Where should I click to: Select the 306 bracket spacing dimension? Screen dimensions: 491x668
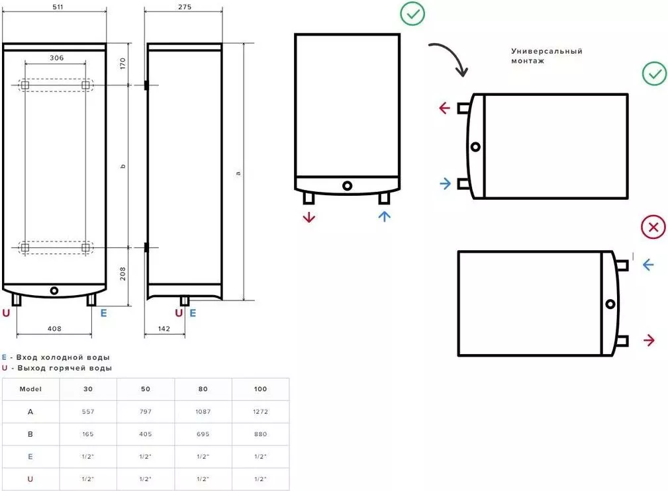point(56,58)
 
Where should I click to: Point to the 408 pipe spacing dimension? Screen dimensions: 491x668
point(54,328)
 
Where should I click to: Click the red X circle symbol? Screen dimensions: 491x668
point(653,228)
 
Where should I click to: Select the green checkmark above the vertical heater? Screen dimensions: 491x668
point(412,13)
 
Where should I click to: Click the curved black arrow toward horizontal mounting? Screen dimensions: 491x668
point(450,57)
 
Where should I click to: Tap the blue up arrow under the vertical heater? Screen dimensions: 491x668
point(385,216)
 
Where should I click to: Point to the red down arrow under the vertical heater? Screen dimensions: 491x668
point(309,217)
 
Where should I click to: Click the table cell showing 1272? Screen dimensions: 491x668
point(260,412)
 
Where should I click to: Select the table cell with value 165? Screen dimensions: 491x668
point(88,434)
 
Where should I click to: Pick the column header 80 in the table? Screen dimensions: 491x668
point(203,389)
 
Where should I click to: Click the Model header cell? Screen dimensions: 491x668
point(31,389)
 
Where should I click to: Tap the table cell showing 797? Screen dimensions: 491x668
point(146,412)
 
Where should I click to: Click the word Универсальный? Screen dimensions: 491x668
point(546,51)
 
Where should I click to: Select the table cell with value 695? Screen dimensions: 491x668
point(203,434)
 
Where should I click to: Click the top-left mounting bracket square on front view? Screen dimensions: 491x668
point(24,85)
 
